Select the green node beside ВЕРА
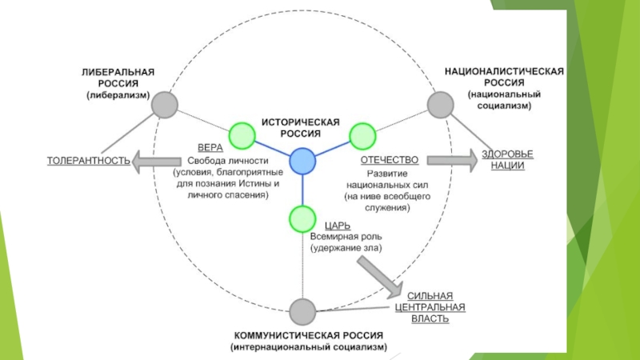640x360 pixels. coord(241,134)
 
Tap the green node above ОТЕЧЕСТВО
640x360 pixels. coord(362,134)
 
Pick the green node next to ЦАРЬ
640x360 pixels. coord(302,218)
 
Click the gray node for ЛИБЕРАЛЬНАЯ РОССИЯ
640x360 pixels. coord(164,104)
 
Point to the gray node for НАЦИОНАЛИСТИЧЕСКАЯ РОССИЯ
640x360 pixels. coord(440,104)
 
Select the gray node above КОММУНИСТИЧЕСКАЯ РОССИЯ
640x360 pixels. coord(302,310)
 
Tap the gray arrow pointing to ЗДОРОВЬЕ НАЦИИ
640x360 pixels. coord(453,160)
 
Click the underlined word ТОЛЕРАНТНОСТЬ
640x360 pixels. coord(89,161)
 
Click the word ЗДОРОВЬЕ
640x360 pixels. coord(506,154)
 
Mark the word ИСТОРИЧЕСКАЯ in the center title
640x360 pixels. coord(302,122)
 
